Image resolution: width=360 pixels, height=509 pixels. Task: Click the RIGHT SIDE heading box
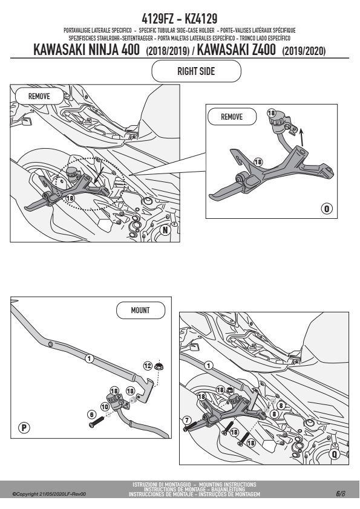point(196,71)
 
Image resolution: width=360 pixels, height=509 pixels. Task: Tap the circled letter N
point(165,230)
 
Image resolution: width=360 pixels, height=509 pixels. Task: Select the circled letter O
point(327,209)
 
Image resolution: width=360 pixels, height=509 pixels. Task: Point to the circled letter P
point(24,427)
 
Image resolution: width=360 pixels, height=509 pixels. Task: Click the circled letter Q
point(335,454)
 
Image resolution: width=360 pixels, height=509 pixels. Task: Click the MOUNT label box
point(140,310)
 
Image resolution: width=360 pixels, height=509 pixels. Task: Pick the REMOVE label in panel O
point(232,117)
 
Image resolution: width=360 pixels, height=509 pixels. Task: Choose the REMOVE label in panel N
point(39,96)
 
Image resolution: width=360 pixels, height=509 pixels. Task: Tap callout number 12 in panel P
point(148,366)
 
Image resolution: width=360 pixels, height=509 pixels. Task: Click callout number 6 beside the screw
point(91,415)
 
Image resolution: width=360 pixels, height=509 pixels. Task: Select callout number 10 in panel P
point(105,407)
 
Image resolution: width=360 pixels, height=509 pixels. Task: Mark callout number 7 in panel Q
point(186,421)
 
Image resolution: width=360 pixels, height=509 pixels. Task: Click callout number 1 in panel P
point(89,358)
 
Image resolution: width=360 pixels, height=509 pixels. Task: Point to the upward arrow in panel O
point(301,138)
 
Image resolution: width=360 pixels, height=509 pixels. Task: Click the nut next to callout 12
point(159,366)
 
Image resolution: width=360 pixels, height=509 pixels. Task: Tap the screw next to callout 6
point(96,422)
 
